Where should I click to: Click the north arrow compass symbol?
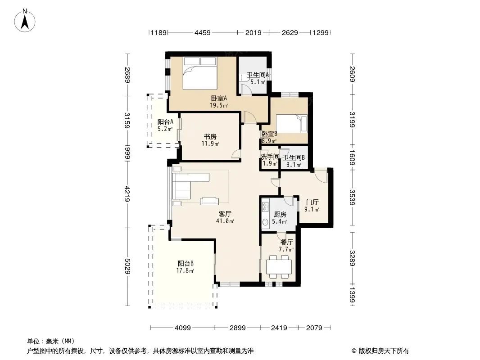coord(25,20)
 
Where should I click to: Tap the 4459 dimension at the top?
coord(203,33)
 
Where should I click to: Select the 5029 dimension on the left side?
coord(127,266)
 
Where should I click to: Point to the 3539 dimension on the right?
coord(353,198)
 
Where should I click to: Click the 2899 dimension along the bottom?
coord(238,328)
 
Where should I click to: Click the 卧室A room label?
coord(219,99)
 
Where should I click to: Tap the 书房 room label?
coord(210,137)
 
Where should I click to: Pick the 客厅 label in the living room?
coord(225,214)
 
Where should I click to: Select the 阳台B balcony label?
coord(186,263)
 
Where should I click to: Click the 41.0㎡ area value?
coord(225,221)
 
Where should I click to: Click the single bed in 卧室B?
coord(292,124)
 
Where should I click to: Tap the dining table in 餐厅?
coord(279,267)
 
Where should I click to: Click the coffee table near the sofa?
coord(209,201)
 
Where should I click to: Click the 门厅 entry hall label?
coord(312,202)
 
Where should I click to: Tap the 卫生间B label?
coord(294,158)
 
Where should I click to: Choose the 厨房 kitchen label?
coord(280,214)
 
